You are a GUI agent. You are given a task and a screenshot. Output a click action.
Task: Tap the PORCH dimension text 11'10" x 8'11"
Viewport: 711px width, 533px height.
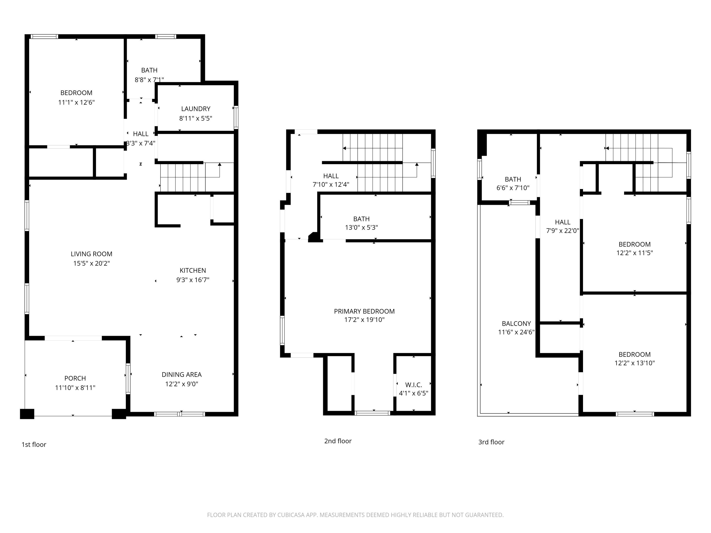[75, 388]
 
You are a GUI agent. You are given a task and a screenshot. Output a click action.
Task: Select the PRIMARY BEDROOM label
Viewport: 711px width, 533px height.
[364, 311]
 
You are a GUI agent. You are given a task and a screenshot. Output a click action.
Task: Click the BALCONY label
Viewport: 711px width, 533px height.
[516, 324]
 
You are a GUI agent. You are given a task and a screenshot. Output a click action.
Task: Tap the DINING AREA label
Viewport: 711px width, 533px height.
[182, 375]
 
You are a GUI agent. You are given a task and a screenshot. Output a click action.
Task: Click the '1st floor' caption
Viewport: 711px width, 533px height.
[34, 445]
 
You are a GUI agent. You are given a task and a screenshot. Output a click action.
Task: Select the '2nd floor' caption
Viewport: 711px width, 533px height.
[338, 441]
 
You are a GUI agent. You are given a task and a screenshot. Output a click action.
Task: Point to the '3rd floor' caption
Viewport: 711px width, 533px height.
[491, 442]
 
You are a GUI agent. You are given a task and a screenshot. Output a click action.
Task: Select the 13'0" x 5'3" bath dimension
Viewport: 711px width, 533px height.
[361, 227]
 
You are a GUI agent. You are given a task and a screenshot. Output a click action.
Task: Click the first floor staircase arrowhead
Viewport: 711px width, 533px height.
[219, 164]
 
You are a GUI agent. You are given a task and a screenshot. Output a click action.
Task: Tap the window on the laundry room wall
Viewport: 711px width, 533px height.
[236, 117]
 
